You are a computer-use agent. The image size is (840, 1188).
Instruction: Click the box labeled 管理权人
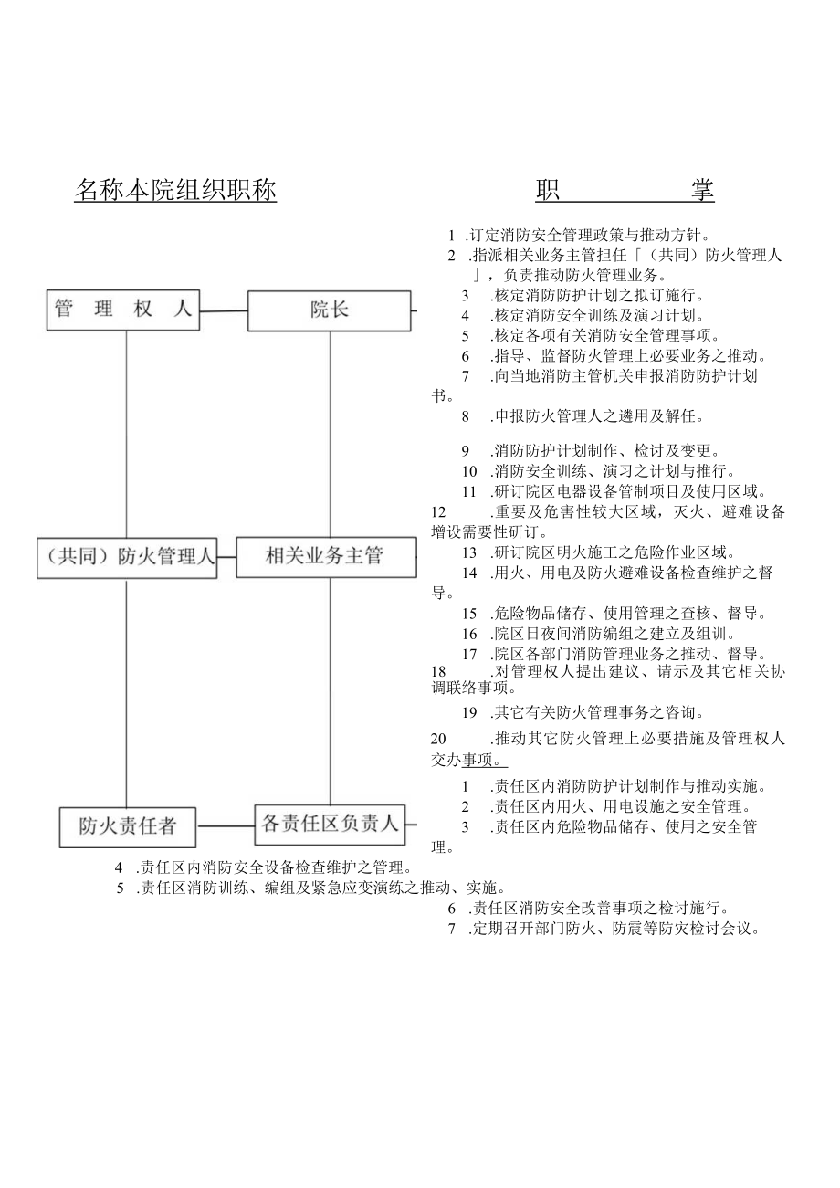click(123, 310)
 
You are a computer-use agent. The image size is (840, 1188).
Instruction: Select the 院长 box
click(330, 310)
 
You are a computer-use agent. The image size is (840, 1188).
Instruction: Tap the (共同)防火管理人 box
click(127, 557)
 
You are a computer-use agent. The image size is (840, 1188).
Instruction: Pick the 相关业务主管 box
click(325, 556)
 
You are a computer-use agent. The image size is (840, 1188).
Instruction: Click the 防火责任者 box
click(129, 826)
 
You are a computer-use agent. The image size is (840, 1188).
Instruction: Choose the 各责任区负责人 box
click(330, 825)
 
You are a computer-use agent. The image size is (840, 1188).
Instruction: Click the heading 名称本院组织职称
click(174, 191)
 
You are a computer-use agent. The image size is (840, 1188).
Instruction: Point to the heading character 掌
click(701, 190)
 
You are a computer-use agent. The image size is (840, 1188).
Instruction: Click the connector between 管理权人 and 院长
click(224, 310)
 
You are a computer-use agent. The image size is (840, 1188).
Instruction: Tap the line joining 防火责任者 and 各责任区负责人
click(226, 825)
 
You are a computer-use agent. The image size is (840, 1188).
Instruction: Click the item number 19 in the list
click(469, 712)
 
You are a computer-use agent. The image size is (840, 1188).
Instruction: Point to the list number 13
click(469, 552)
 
